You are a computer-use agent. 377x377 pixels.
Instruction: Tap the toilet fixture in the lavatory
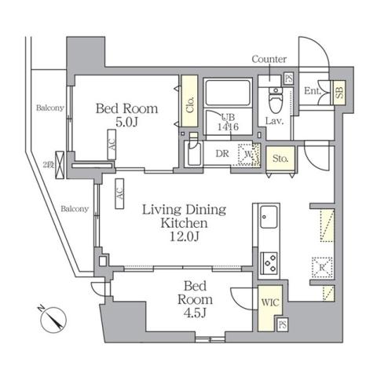coord(274,101)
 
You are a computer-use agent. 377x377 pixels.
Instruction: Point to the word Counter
coord(269,59)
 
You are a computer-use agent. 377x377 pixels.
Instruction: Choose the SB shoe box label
coord(339,92)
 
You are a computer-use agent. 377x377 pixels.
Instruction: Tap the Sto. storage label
coord(280,159)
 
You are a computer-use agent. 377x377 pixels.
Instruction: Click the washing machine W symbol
coord(250,155)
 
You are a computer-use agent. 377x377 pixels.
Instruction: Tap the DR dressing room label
coord(222,153)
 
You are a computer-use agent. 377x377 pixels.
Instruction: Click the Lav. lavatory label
coord(273,122)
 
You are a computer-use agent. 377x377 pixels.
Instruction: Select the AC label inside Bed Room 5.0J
coord(112,145)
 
